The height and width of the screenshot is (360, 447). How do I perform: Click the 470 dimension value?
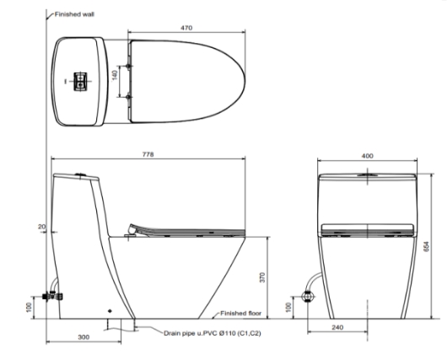pos(186,28)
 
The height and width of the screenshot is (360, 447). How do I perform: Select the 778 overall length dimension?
pos(148,154)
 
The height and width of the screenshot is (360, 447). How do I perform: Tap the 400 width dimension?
pos(367,156)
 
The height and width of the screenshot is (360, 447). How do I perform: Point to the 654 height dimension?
pos(426,246)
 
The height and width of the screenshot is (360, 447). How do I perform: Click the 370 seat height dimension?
pos(262,277)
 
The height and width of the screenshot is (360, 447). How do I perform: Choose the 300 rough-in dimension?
pos(83,337)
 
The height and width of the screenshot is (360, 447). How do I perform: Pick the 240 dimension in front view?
pos(337,327)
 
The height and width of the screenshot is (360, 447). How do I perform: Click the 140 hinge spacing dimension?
pos(115,75)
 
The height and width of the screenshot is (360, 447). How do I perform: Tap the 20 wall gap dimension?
pos(41,227)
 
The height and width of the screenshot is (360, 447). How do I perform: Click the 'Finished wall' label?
pos(74,14)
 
